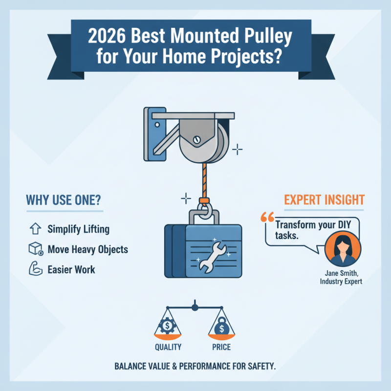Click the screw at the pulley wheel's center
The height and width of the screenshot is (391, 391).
(196, 139)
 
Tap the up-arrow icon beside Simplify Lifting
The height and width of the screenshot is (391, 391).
(34, 229)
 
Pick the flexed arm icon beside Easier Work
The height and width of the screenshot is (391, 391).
(34, 269)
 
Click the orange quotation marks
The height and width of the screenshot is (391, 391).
(268, 217)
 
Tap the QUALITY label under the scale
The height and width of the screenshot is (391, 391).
(168, 348)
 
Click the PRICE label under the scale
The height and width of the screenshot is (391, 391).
(221, 348)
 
